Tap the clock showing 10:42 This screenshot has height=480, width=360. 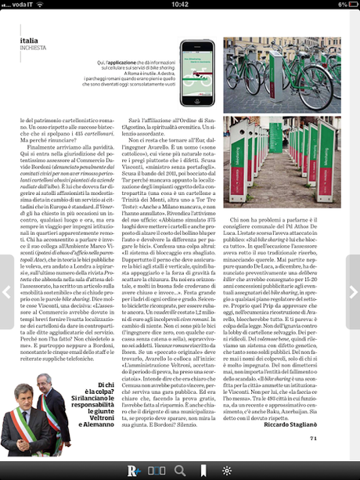tap(179, 5)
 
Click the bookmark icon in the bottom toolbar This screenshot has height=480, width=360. tap(203, 471)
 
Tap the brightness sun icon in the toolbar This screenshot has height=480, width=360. tap(226, 471)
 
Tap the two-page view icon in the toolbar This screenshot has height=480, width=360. tap(157, 471)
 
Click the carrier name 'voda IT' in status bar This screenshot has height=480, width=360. tap(23, 5)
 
